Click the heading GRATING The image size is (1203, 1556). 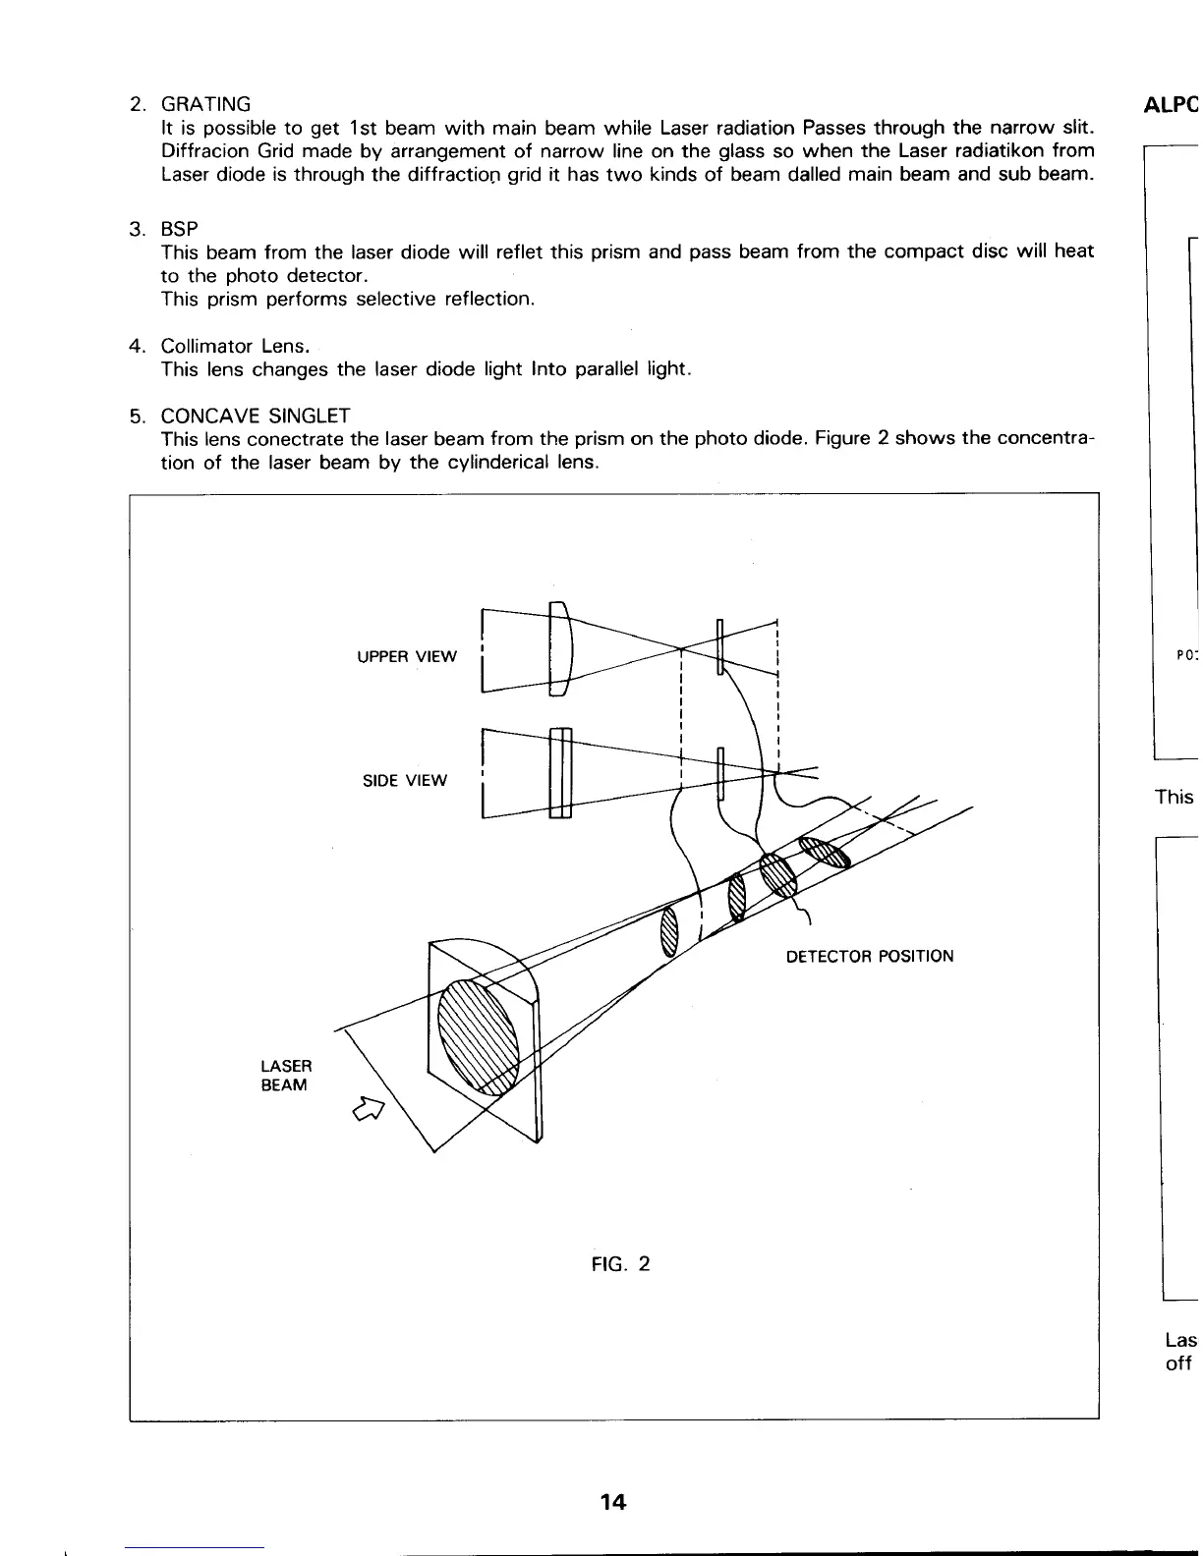205,104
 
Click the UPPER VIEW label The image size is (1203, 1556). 407,656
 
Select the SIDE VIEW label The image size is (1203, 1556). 405,781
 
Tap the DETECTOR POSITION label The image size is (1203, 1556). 870,956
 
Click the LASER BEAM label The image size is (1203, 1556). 286,1076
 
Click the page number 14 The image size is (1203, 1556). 613,1501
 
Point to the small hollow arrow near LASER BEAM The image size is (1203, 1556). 368,1108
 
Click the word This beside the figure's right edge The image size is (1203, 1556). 1174,797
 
